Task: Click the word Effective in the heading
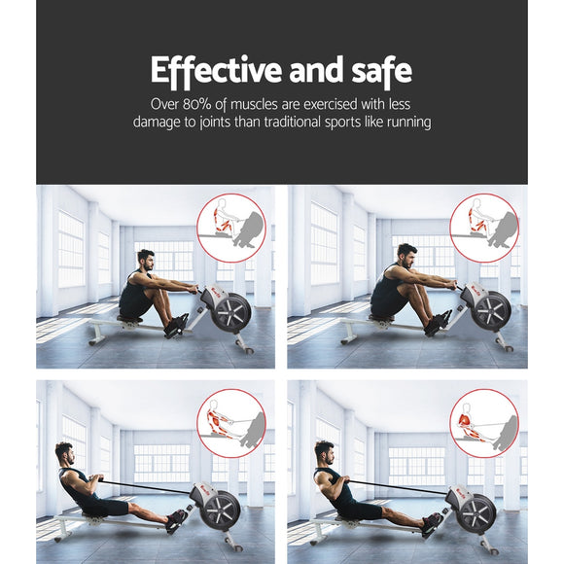[201, 71]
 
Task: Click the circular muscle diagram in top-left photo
[230, 228]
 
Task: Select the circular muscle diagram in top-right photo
[483, 228]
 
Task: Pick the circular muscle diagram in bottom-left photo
[230, 424]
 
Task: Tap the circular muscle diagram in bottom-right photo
[483, 424]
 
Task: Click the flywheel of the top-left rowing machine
[231, 312]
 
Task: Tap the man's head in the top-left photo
[146, 261]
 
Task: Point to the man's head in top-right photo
[407, 256]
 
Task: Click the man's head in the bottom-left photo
[65, 454]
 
